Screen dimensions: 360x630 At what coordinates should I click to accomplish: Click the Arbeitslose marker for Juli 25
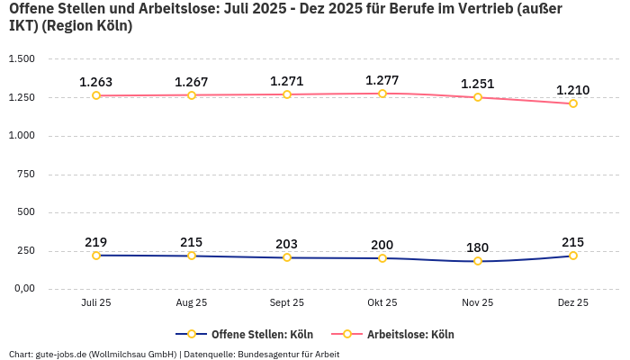point(96,95)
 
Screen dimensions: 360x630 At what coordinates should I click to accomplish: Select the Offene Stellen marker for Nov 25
point(478,261)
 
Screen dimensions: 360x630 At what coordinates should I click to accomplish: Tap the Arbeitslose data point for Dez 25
point(573,103)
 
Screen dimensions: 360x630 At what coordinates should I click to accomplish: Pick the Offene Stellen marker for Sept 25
point(287,257)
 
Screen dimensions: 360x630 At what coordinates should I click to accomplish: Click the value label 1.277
point(382,80)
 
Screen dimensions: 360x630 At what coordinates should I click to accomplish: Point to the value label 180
point(478,247)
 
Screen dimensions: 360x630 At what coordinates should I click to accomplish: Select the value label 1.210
point(573,90)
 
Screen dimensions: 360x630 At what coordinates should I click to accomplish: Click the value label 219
point(96,242)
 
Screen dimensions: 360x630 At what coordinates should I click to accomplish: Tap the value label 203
point(287,244)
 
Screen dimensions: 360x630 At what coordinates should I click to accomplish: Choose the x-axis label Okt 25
point(382,303)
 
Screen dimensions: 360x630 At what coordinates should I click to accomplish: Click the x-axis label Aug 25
point(192,303)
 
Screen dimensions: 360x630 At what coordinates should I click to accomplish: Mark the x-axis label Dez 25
point(573,303)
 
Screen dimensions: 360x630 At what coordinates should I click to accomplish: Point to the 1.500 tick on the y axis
point(22,58)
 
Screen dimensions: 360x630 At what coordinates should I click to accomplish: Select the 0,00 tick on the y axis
point(23,289)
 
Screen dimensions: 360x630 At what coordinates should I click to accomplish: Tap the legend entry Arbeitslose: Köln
point(410,334)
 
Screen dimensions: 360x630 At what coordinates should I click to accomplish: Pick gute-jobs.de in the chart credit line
point(60,354)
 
